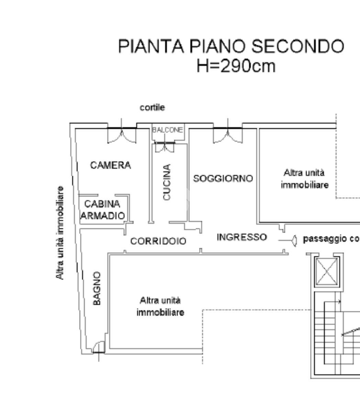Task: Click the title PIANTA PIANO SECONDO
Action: [231, 46]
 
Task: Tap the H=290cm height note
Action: [236, 66]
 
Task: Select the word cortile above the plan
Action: [152, 107]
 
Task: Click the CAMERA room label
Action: [110, 165]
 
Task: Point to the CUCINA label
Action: [167, 182]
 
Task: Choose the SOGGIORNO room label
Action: [223, 178]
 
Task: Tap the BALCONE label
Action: [168, 130]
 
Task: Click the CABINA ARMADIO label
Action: [102, 210]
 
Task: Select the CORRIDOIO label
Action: [158, 241]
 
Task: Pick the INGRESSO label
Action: [241, 237]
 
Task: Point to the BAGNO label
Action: [97, 288]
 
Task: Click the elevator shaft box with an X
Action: [327, 271]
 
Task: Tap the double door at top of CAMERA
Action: [122, 134]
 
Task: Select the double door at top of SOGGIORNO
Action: [227, 134]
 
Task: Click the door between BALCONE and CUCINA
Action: [165, 147]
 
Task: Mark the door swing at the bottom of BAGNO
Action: [99, 347]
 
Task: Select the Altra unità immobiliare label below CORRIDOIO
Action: [160, 306]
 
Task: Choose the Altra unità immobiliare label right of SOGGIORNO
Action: [304, 178]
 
